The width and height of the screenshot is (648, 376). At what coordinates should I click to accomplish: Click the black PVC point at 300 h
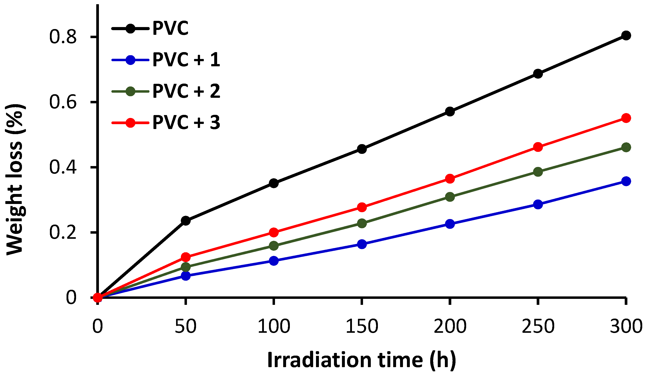pos(626,35)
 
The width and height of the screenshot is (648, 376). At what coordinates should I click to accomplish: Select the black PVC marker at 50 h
pos(185,221)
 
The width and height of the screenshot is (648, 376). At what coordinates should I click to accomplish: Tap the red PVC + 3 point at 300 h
pos(626,118)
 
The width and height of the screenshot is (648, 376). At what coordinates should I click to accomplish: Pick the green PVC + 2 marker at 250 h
pos(538,172)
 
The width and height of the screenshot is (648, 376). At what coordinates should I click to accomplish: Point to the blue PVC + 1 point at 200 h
pos(450,224)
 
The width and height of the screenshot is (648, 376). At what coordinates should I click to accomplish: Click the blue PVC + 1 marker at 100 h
pos(274,260)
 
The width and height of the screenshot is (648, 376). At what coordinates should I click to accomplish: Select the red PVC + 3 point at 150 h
pos(362,207)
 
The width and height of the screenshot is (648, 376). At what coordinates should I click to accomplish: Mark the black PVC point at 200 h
pos(450,112)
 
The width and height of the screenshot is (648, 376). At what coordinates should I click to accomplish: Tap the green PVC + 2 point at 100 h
pos(274,245)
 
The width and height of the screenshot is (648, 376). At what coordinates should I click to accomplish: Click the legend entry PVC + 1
pos(186,60)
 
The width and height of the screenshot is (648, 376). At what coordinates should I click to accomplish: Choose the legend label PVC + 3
pos(186,122)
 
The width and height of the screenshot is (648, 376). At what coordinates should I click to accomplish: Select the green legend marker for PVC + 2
pos(130,91)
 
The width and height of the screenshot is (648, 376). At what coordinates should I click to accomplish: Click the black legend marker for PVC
pos(130,29)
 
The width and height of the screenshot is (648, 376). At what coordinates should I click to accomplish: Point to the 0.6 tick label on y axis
pos(63,102)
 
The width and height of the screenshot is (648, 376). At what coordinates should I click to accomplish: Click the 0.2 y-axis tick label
pos(63,232)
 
